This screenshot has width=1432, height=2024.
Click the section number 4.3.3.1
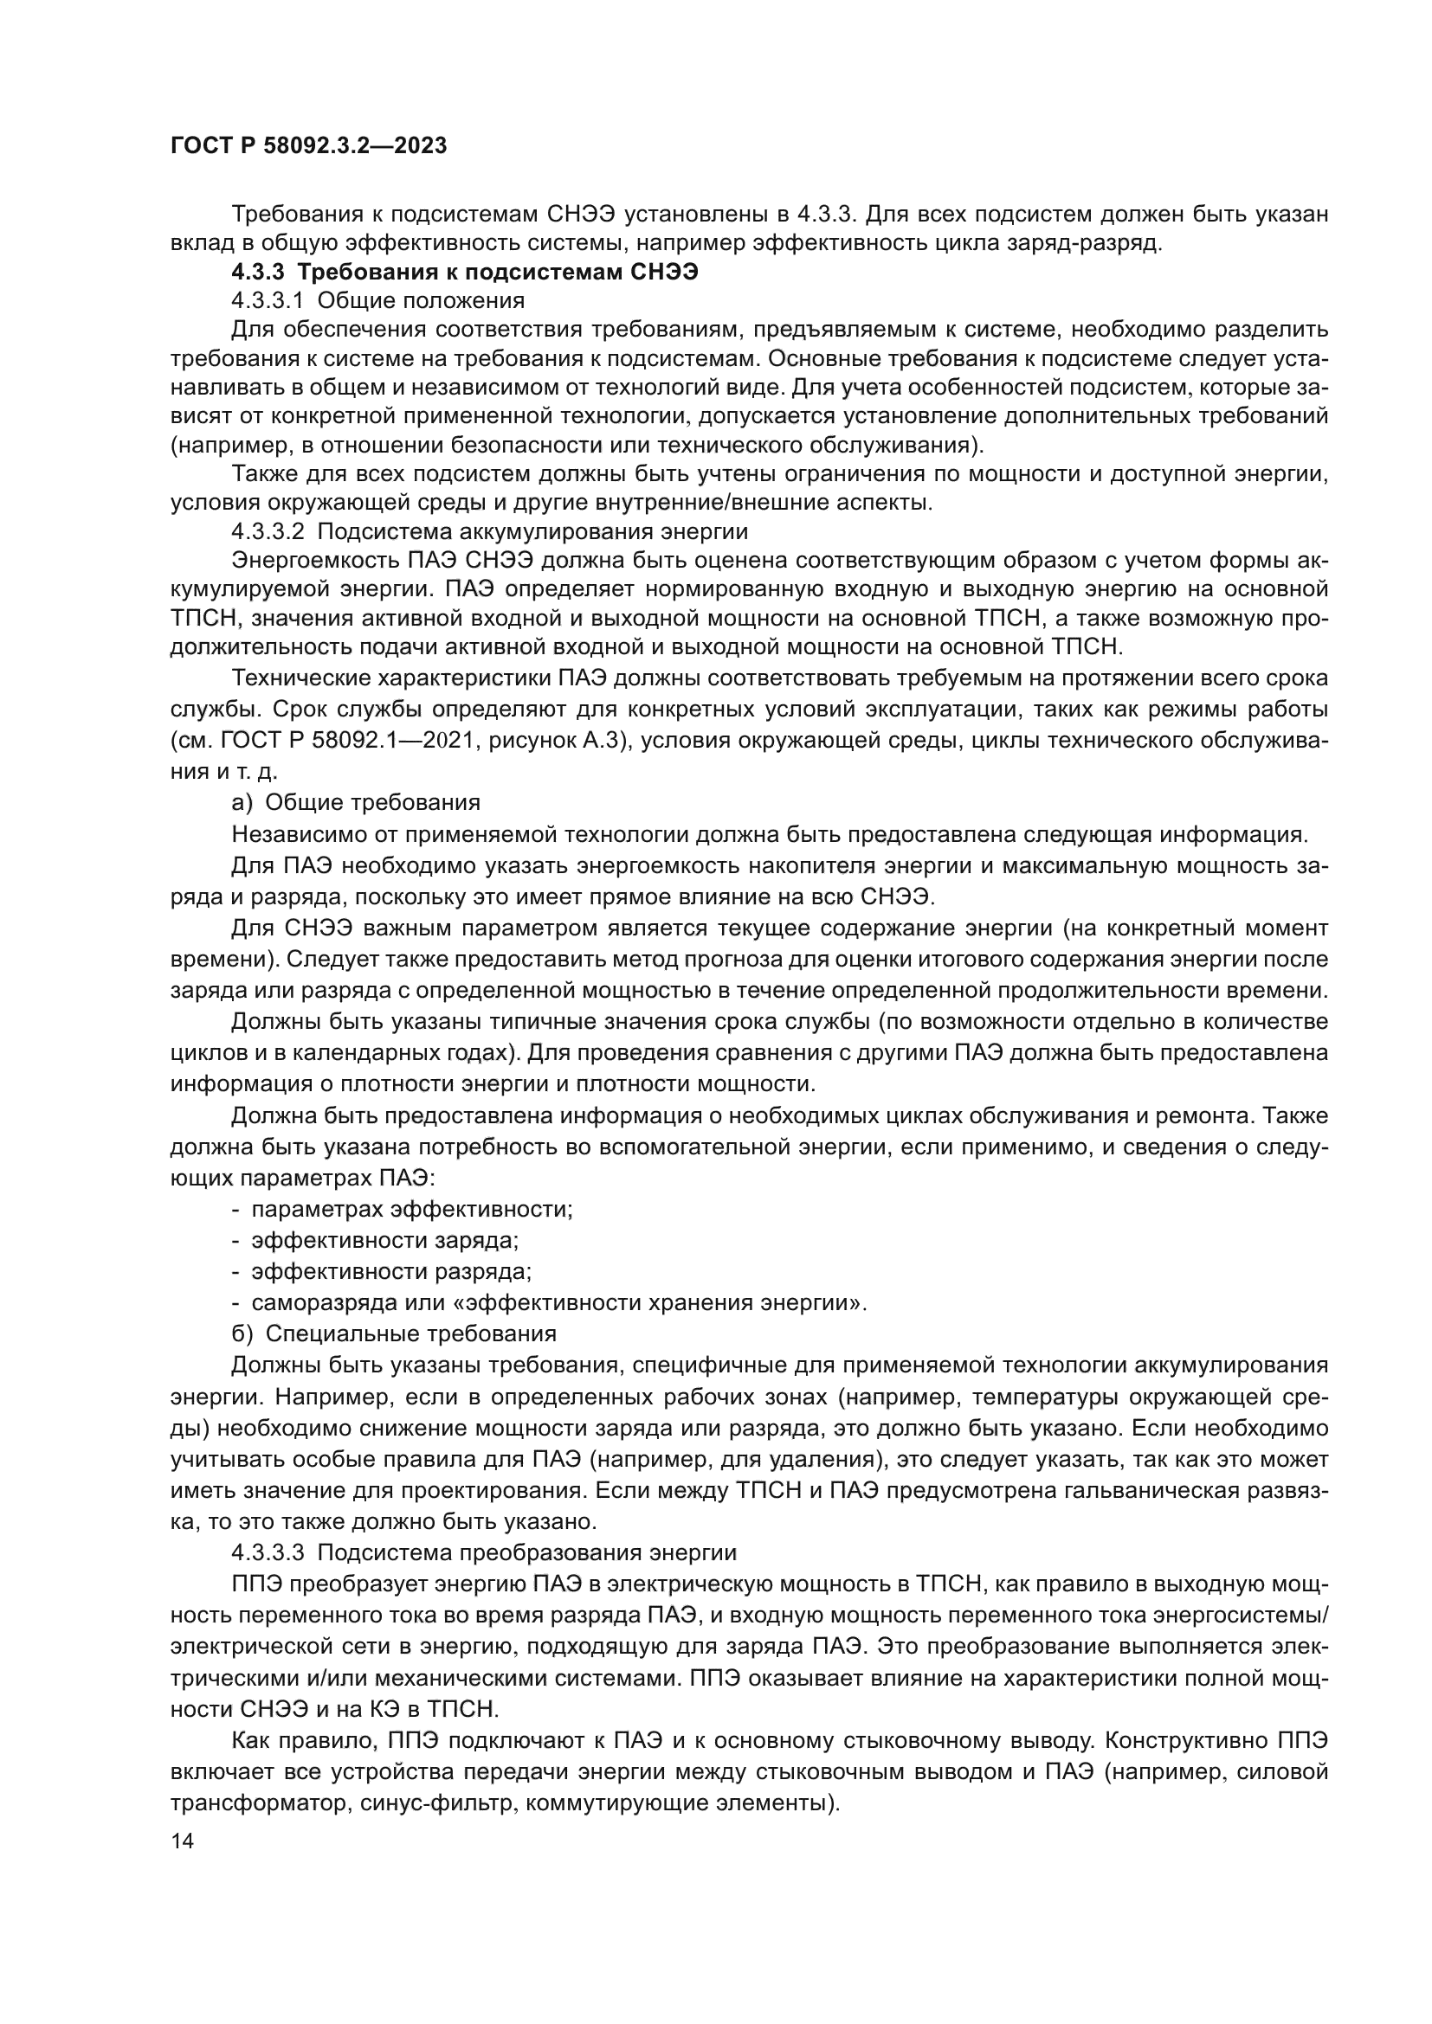point(268,300)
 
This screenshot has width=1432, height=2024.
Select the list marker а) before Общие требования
point(242,802)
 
